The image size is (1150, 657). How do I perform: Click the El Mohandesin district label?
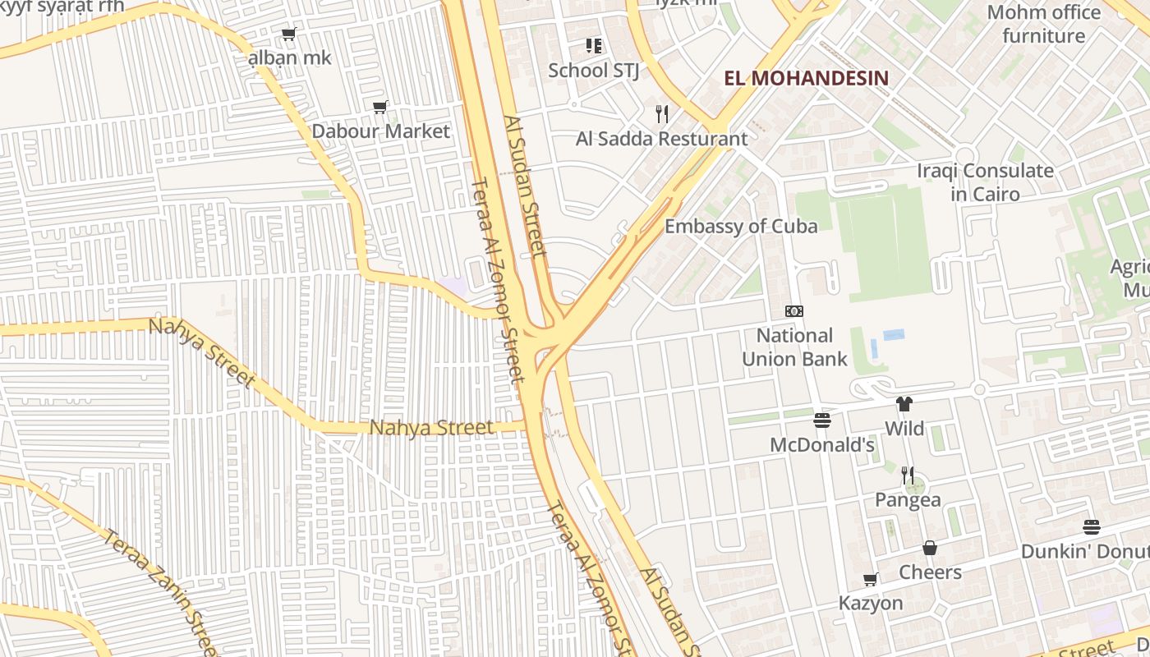806,79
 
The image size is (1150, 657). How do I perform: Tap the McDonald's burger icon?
822,420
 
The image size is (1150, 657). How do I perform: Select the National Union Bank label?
794,347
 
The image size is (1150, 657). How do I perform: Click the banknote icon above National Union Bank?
794,311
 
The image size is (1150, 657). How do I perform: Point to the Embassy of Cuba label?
741,227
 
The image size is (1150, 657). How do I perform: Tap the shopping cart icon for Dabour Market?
380,107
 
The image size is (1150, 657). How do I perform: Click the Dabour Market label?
381,131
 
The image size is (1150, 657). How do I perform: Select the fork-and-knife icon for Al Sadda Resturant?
662,113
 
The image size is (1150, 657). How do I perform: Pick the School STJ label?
593,71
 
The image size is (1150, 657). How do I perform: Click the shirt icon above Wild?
904,404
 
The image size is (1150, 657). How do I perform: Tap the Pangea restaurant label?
908,500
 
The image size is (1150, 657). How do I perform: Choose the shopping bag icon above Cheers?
930,548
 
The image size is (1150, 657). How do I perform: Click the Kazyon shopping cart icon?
871,580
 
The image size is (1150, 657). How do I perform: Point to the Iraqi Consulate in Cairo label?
985,182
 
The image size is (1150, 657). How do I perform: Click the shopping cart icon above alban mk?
288,34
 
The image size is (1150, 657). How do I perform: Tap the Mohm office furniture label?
1043,24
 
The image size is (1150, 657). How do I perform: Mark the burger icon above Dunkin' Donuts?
1092,526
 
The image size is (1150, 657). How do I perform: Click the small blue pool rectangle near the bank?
894,335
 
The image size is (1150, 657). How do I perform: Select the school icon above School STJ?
594,46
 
